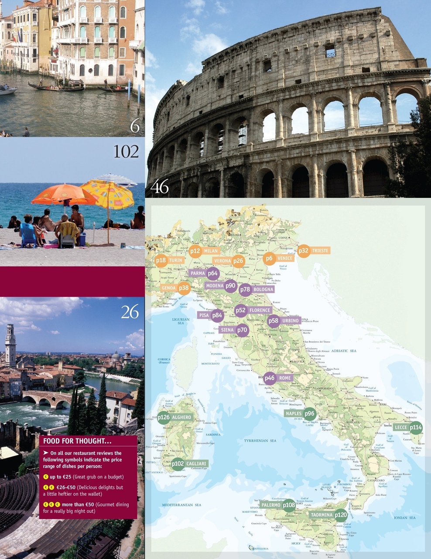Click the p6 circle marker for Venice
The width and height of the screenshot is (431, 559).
pos(269,258)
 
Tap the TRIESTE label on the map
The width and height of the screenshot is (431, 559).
pos(320,251)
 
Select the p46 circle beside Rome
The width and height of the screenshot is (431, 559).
pos(270,378)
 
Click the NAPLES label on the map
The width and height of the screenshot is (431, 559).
pos(294,413)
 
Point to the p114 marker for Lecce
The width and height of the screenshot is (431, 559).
pos(416,428)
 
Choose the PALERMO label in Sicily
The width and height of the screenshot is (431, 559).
pos(271,505)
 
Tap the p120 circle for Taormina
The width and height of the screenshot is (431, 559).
pos(341,515)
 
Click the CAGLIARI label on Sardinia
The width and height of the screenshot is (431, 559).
pos(196,463)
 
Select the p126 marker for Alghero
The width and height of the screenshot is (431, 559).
pos(164,418)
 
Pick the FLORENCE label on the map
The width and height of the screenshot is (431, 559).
pos(260,311)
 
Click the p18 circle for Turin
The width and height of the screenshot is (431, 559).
pos(161,260)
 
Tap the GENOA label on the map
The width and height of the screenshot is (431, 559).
pos(168,288)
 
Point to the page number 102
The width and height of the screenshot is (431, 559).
pos(126,152)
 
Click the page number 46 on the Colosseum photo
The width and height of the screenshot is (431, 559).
pos(159,187)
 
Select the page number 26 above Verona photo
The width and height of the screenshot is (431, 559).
pos(130,313)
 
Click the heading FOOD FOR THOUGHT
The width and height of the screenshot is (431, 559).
pos(74,441)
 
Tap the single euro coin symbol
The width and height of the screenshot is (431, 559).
pos(46,477)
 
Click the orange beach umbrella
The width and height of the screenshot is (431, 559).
pos(63,194)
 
